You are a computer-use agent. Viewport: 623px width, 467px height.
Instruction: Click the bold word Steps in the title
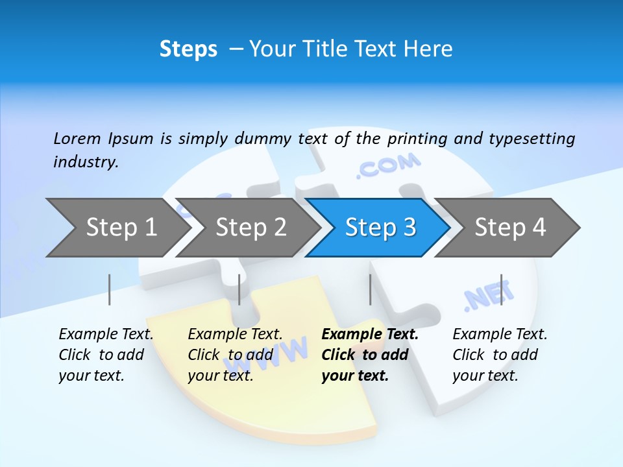click(x=188, y=49)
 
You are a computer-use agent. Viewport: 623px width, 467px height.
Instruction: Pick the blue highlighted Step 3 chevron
click(x=380, y=227)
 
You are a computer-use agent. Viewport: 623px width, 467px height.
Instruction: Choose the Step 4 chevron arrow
click(x=510, y=227)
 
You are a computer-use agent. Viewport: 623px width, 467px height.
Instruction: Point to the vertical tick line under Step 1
click(x=110, y=289)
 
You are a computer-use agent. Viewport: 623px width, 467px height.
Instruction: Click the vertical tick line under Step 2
click(x=239, y=289)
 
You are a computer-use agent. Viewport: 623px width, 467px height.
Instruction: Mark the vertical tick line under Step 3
click(x=370, y=289)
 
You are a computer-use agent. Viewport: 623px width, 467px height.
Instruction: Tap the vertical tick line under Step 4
click(x=501, y=289)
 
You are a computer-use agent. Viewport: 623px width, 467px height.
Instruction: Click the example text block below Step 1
click(x=106, y=355)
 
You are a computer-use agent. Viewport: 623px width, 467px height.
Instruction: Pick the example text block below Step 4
click(x=500, y=355)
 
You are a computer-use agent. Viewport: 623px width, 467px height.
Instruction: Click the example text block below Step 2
click(x=235, y=355)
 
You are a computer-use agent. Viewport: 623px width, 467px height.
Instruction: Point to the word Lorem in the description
click(x=77, y=138)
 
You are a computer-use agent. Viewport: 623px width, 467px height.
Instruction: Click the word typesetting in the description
click(x=531, y=138)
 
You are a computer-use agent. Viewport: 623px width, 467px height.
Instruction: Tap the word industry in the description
click(x=85, y=162)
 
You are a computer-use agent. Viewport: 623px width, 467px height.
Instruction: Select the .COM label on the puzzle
click(x=388, y=165)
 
